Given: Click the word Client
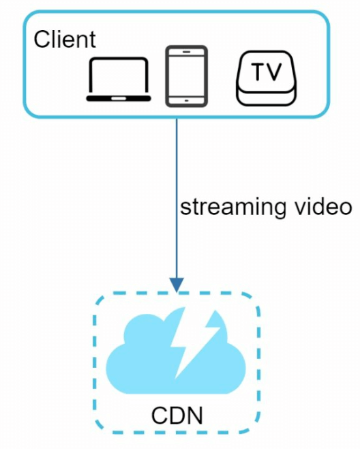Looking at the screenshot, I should point(65,39).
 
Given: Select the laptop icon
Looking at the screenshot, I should point(118,79).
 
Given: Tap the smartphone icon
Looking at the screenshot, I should point(186,76).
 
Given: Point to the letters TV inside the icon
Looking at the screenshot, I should point(267,72).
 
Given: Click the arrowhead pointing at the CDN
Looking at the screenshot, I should point(177,283).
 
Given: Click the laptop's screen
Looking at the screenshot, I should point(118,76).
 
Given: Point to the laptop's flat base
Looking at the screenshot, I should point(118,98).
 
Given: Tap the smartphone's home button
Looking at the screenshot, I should point(186,100).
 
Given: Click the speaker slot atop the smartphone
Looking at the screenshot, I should point(186,51).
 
